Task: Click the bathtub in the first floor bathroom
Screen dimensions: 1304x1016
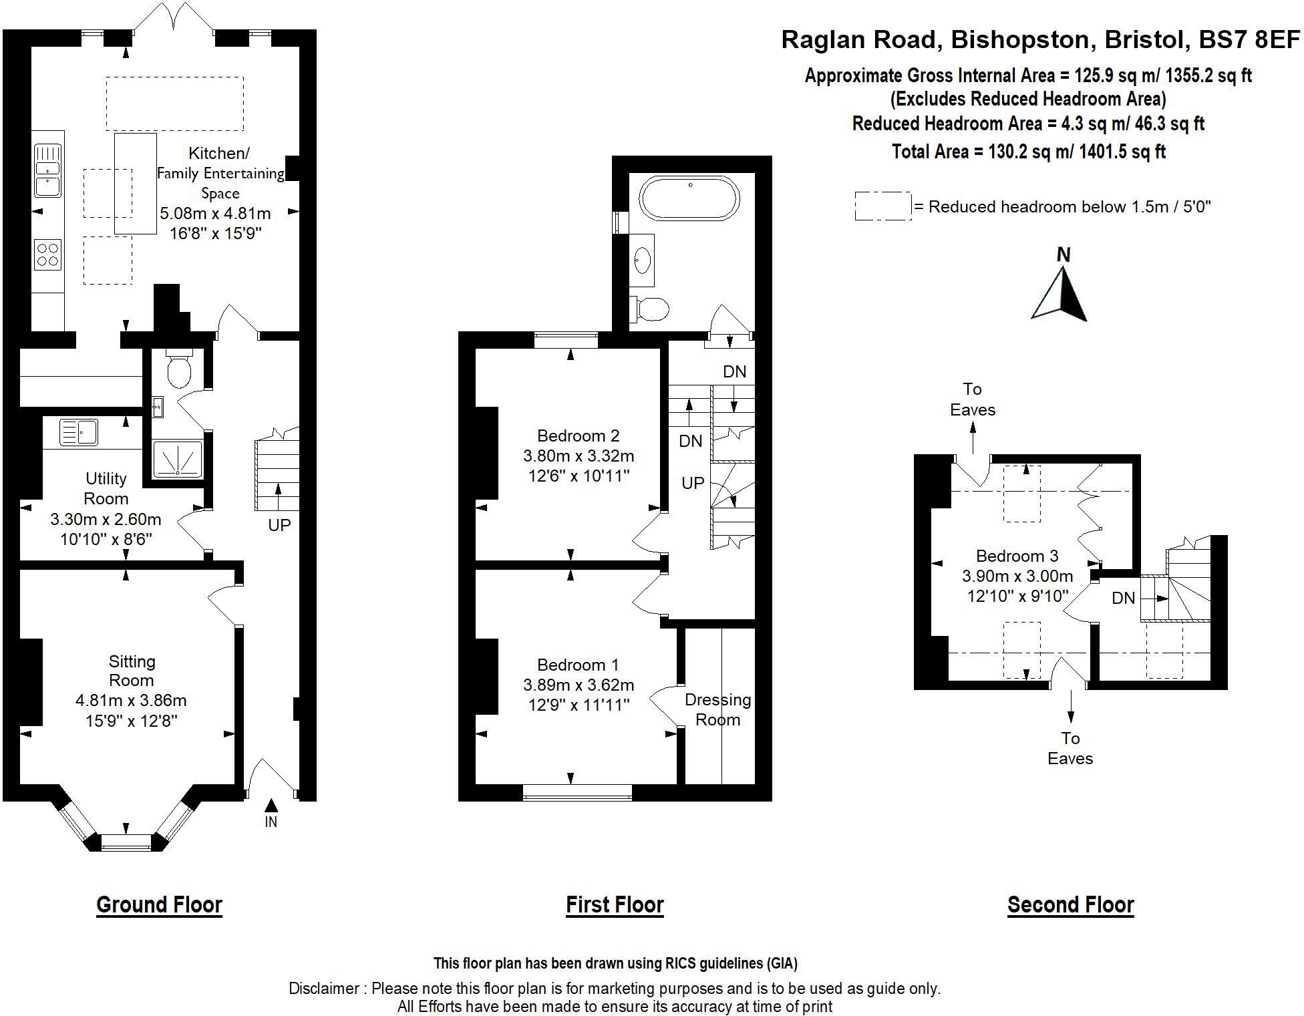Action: click(x=689, y=198)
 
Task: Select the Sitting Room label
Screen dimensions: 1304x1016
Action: click(x=132, y=671)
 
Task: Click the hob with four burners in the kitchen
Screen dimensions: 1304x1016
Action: click(x=48, y=255)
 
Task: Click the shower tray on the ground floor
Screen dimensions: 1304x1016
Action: click(x=178, y=459)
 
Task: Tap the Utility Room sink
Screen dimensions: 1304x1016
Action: click(x=79, y=432)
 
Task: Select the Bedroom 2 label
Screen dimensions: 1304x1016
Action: click(x=578, y=436)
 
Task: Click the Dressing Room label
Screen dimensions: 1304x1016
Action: click(x=717, y=709)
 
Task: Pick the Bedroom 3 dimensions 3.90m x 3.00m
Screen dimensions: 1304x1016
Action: click(x=1017, y=576)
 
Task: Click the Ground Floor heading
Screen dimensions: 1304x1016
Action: click(x=159, y=904)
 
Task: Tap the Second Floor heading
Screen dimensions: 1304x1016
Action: click(x=1070, y=904)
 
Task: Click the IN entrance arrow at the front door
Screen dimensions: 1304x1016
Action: click(x=271, y=806)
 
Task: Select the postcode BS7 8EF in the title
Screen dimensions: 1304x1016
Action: click(x=1249, y=40)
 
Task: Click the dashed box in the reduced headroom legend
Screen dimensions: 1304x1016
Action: click(x=882, y=206)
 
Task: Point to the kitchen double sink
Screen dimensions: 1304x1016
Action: click(x=48, y=171)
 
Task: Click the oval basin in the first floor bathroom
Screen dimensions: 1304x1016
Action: click(x=643, y=260)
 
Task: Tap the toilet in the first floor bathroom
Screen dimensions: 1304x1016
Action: click(x=651, y=309)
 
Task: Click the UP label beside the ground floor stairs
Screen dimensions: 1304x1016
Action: click(x=279, y=525)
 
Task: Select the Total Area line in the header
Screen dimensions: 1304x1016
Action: click(x=1028, y=152)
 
